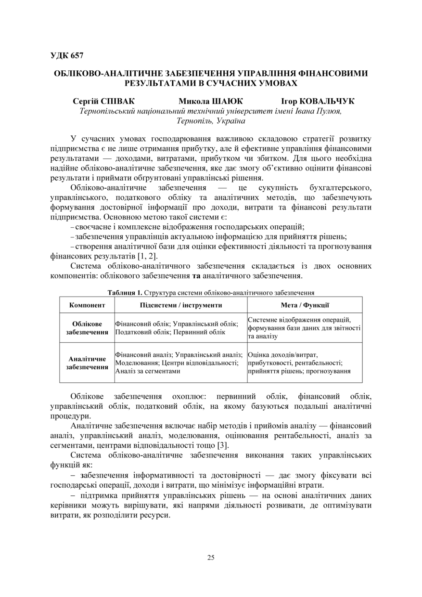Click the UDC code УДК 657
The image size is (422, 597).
pos(67,56)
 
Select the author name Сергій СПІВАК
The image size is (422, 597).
pos(104,101)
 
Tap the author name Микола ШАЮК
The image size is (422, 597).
pos(211,101)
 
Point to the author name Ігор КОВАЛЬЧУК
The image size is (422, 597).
pos(318,101)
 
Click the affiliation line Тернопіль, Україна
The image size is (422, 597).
pos(211,121)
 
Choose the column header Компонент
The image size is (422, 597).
pos(87,305)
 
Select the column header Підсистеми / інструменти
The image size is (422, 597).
pos(181,305)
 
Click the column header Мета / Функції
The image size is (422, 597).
pos(305,305)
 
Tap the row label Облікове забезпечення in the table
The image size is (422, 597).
pos(87,328)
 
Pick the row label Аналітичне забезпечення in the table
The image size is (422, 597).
pos(87,363)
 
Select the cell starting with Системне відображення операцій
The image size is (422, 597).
pos(304,328)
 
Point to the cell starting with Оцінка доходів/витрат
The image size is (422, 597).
pos(299,363)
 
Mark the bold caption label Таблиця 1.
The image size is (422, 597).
pos(125,292)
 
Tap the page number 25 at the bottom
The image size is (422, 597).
pos(211,558)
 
